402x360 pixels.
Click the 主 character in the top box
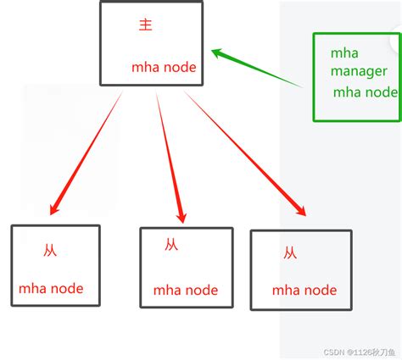click(145, 25)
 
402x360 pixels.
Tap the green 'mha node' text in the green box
click(364, 92)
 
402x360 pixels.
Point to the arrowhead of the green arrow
click(218, 53)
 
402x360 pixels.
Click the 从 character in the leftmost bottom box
click(50, 251)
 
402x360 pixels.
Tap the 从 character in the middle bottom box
click(171, 245)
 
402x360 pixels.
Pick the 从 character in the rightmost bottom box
click(290, 252)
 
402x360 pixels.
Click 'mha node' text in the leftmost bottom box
click(51, 288)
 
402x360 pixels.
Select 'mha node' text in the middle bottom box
click(185, 291)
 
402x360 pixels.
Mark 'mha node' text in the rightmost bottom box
click(304, 291)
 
